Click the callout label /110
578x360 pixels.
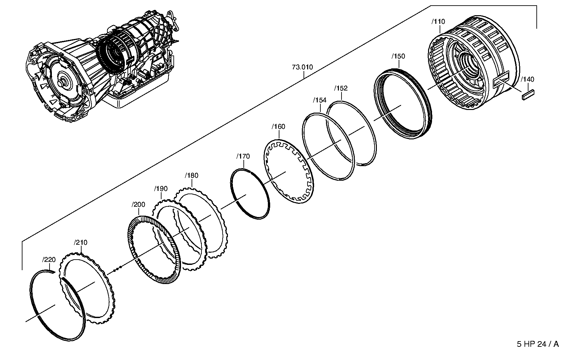[x=438, y=22]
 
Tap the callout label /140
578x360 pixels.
[x=527, y=80]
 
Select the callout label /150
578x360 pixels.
[x=398, y=56]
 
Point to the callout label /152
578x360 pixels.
[x=341, y=89]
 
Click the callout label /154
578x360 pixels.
[x=319, y=100]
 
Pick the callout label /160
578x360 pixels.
[x=278, y=127]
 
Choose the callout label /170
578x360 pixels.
[x=243, y=157]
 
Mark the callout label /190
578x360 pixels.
[x=161, y=189]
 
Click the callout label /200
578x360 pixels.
[x=138, y=205]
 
